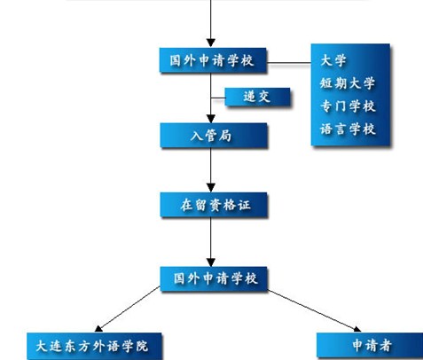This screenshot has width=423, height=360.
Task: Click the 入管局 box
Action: pyautogui.click(x=214, y=136)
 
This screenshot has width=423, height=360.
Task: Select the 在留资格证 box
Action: pyautogui.click(x=214, y=205)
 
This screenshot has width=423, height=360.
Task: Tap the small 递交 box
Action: pyautogui.click(x=257, y=97)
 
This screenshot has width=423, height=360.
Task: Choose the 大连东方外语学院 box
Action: pyautogui.click(x=94, y=346)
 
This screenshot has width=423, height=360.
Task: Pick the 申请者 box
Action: pyautogui.click(x=370, y=346)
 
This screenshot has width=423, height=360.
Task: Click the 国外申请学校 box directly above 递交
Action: pyautogui.click(x=213, y=60)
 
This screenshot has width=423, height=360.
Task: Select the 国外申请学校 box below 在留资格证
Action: pyautogui.click(x=214, y=278)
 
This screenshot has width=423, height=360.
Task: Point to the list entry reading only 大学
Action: pyautogui.click(x=333, y=60)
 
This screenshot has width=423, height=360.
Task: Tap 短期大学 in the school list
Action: pyautogui.click(x=348, y=83)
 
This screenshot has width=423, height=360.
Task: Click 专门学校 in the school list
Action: pyautogui.click(x=348, y=106)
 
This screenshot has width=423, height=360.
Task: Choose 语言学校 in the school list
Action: pyautogui.click(x=348, y=129)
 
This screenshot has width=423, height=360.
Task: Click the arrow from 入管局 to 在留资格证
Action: pyautogui.click(x=211, y=170)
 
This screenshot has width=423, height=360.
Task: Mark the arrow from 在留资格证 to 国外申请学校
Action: pyautogui.click(x=211, y=242)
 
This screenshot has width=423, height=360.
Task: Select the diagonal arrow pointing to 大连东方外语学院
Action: pyautogui.click(x=128, y=309)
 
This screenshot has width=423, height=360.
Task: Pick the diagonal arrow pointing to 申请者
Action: pyautogui.click(x=314, y=311)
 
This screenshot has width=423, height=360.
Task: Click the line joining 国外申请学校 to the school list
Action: pyautogui.click(x=289, y=63)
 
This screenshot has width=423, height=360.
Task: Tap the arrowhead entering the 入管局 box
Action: pyautogui.click(x=211, y=119)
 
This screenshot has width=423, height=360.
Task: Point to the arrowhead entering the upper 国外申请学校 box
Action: pyautogui.click(x=211, y=43)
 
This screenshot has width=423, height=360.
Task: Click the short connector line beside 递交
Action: pyautogui.click(x=218, y=98)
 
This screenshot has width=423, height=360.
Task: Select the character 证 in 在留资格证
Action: pyautogui.click(x=244, y=205)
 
